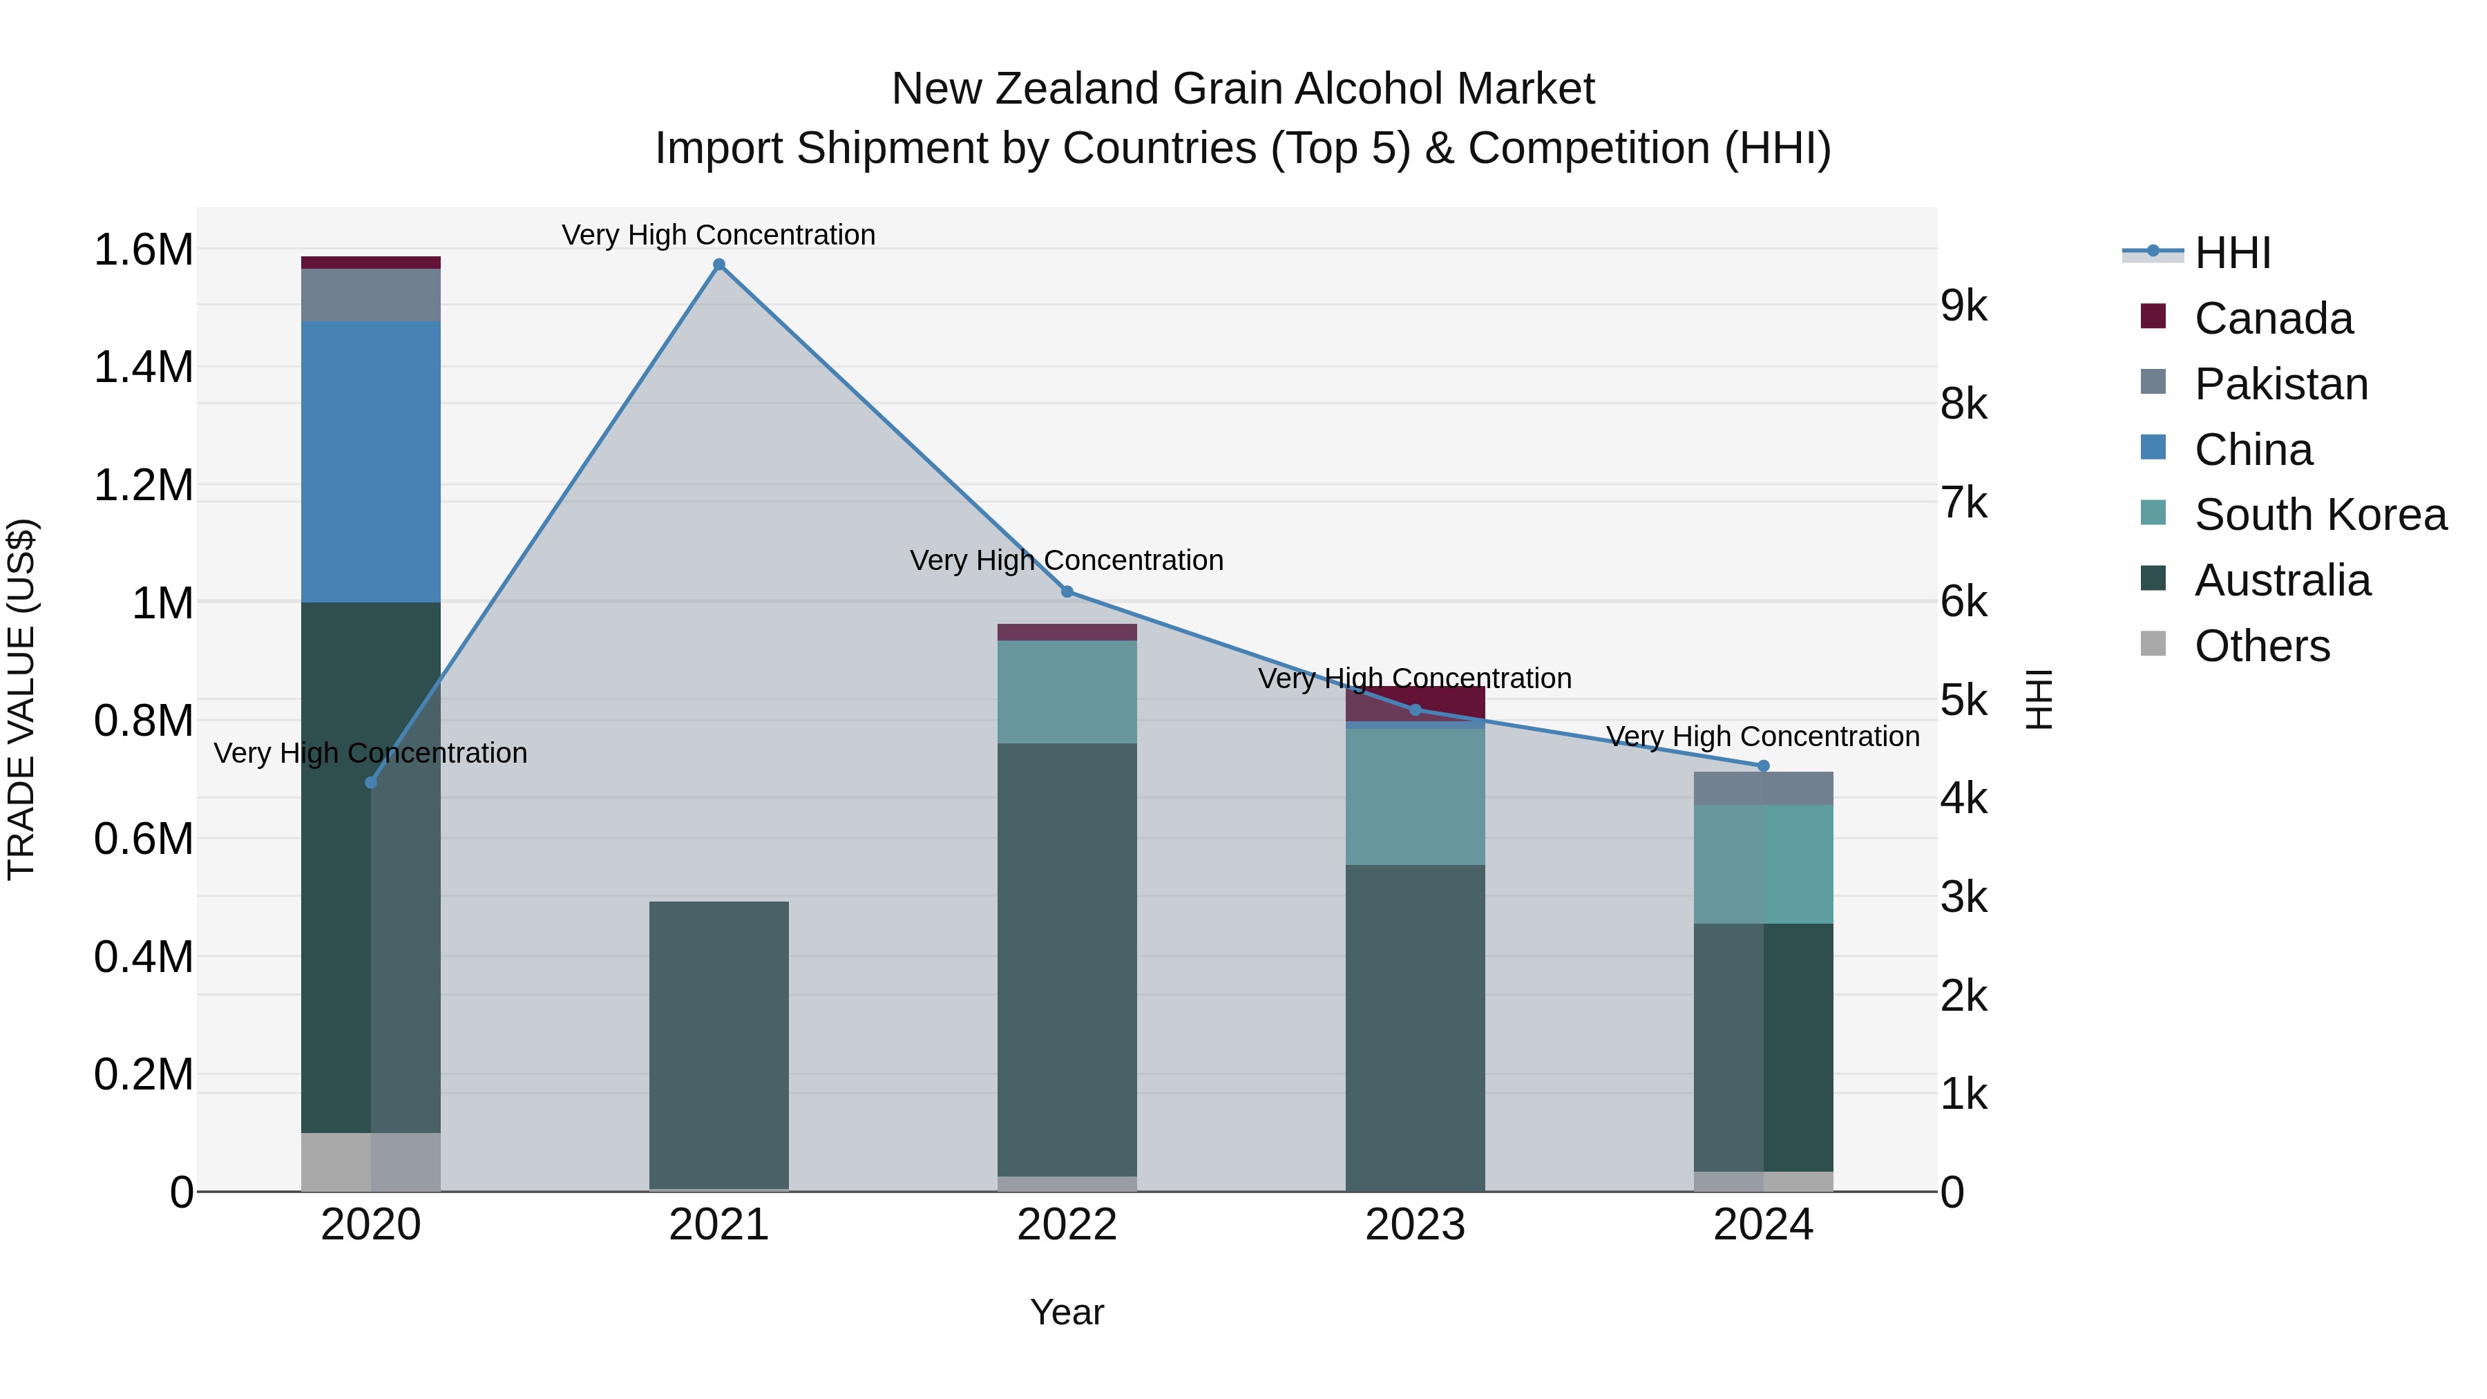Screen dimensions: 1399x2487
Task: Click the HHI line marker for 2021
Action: [x=718, y=265]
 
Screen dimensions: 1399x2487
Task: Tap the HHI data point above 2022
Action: [x=1067, y=591]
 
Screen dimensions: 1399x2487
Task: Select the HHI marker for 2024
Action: [x=1763, y=765]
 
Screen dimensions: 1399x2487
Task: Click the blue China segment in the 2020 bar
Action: [x=371, y=461]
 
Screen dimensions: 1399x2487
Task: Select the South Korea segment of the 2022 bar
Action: [x=1067, y=692]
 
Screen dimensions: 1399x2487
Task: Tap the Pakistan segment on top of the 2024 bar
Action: [x=1763, y=788]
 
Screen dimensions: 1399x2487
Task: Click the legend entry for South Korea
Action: [x=2320, y=515]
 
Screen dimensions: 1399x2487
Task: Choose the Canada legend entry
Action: [x=2273, y=318]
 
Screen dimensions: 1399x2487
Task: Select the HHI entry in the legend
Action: [x=2232, y=253]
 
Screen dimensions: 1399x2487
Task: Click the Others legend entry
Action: [x=2261, y=646]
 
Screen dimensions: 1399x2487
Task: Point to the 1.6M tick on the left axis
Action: [x=143, y=250]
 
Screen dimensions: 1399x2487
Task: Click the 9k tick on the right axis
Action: [x=1964, y=306]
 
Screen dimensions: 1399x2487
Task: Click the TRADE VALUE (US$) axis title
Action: [x=21, y=699]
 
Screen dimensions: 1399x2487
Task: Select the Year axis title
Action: [x=1067, y=1312]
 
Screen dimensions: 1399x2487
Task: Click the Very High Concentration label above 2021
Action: [x=718, y=235]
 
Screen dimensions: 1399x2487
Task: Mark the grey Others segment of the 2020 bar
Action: [x=371, y=1161]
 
